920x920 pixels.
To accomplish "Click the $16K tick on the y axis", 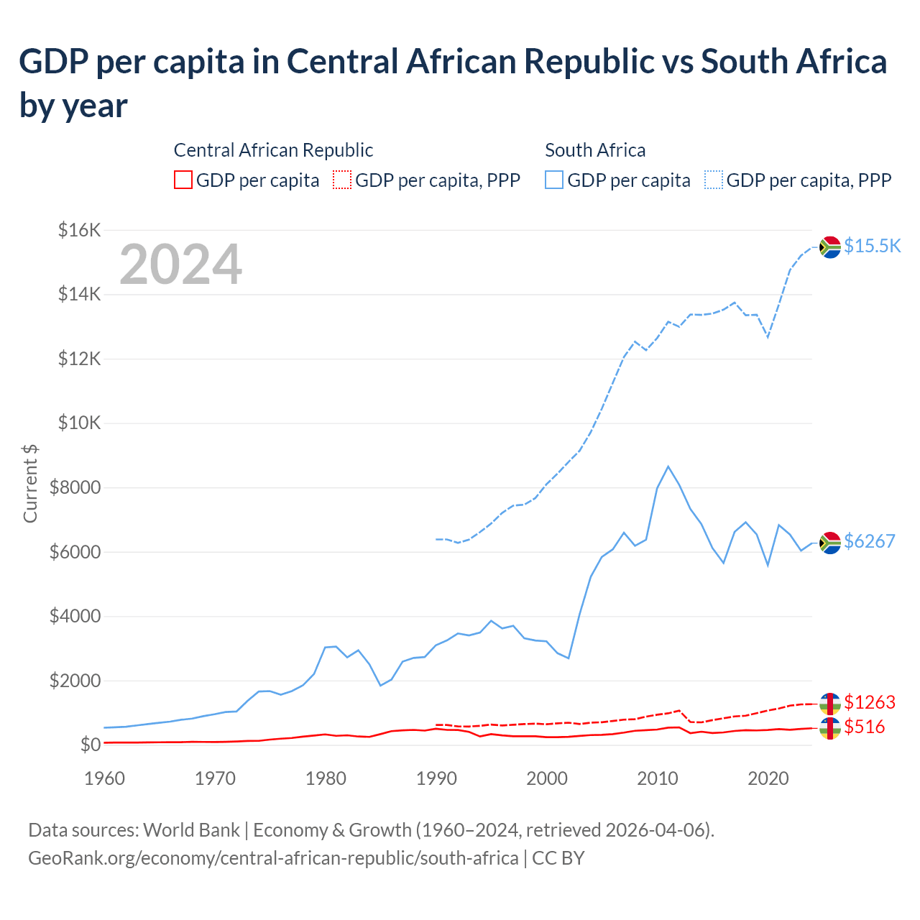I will click(80, 231).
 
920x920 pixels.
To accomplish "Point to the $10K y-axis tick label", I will click(80, 423).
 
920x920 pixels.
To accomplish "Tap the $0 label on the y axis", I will click(91, 745).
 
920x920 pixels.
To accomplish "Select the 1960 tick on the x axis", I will click(104, 778).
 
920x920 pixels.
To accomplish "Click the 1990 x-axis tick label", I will click(436, 778).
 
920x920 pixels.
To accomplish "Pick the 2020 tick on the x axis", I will click(768, 778).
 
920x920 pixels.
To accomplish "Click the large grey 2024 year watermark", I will click(180, 264).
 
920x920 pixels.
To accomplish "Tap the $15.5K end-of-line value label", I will click(872, 246).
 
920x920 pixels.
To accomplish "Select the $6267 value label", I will click(869, 541).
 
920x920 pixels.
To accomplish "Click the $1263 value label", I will click(869, 702).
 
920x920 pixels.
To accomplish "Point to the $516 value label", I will click(864, 727).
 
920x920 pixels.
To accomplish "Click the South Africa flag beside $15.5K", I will click(830, 247).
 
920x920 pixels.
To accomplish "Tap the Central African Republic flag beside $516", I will click(830, 728).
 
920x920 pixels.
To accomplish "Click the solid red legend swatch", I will click(183, 180).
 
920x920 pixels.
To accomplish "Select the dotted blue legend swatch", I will click(714, 180).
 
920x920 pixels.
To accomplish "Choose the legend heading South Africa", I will click(595, 150).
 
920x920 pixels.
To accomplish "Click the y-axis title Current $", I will click(30, 483).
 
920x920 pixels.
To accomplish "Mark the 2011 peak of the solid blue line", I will click(668, 466).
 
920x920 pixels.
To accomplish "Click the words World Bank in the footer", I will click(191, 830).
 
